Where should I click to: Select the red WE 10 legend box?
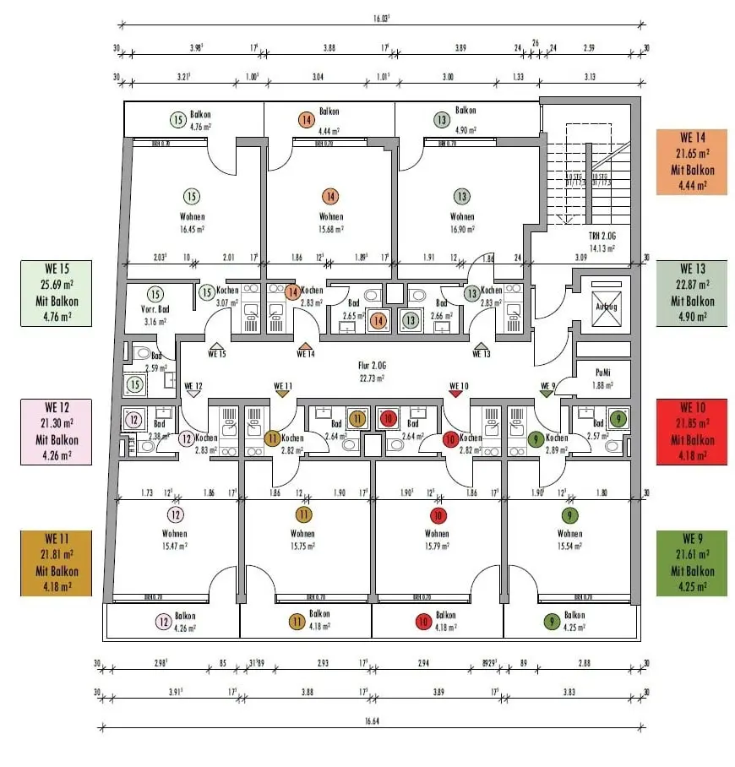point(690,432)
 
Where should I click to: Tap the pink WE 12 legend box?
point(57,432)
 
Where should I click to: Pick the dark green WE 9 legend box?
point(690,563)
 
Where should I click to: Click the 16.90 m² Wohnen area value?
point(461,228)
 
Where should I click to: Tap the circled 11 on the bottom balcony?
point(297,622)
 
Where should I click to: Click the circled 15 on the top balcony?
point(177,120)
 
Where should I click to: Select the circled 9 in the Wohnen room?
point(569,515)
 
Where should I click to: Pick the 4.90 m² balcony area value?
point(465,131)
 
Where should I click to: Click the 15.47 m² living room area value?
point(175,547)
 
